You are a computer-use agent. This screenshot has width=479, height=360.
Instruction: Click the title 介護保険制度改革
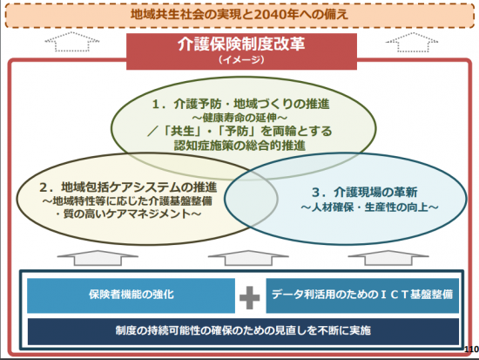(241, 44)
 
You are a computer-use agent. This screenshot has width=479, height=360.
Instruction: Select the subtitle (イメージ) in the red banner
(241, 59)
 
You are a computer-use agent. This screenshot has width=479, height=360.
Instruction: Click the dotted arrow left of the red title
(72, 42)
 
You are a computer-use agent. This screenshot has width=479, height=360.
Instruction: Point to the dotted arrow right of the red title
(412, 42)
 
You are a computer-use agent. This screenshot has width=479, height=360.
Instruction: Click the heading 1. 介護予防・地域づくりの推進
(241, 104)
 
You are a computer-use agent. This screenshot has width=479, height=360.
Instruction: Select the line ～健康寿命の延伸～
(239, 118)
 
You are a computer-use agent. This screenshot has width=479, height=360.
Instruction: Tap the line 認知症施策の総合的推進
(239, 146)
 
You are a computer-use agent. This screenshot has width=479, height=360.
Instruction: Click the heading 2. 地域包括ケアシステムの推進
(128, 187)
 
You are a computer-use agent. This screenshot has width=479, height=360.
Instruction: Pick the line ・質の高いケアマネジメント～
(128, 214)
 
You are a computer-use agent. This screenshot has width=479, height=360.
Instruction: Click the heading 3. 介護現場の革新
(365, 193)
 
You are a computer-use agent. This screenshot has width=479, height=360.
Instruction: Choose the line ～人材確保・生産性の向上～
(369, 207)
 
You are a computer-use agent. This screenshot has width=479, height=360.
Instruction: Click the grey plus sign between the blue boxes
(250, 297)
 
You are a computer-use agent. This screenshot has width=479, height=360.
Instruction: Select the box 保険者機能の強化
(131, 295)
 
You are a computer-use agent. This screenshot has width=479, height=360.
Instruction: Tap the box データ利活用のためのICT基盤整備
(362, 295)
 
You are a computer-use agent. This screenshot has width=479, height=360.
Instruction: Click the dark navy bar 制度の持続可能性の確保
(243, 331)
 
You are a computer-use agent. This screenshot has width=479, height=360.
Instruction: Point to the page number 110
(472, 350)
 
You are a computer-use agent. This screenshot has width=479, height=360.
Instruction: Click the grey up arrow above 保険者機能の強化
(98, 258)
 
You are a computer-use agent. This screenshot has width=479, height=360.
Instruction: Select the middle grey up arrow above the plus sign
(248, 258)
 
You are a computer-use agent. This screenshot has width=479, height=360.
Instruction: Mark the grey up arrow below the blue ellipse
(388, 258)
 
